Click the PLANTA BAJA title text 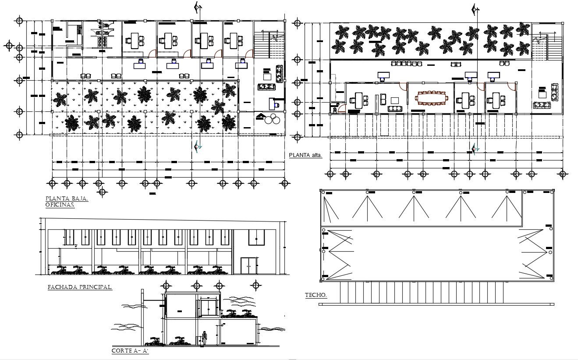click(x=67, y=199)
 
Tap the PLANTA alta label click(x=305, y=155)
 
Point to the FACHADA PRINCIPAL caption click(x=79, y=287)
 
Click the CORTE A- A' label click(x=130, y=351)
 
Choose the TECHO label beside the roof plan click(x=316, y=296)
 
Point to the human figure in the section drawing click(x=204, y=338)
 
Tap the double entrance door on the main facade click(x=248, y=266)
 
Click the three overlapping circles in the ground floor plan click(x=272, y=119)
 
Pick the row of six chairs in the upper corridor click(x=406, y=64)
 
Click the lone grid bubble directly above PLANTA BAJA click(x=103, y=192)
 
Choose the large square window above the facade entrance click(x=256, y=237)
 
